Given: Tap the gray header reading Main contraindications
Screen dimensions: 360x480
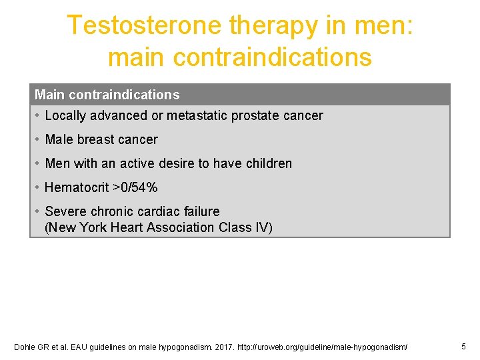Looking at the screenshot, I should [107, 95].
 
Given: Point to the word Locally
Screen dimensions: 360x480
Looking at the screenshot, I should [65, 115].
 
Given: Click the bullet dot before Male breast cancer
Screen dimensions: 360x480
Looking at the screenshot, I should [37, 139].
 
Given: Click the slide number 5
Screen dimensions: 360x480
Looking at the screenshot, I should [463, 346].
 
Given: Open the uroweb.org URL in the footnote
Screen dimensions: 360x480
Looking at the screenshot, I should [312, 347].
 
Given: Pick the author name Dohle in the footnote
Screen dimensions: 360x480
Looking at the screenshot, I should [25, 347].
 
